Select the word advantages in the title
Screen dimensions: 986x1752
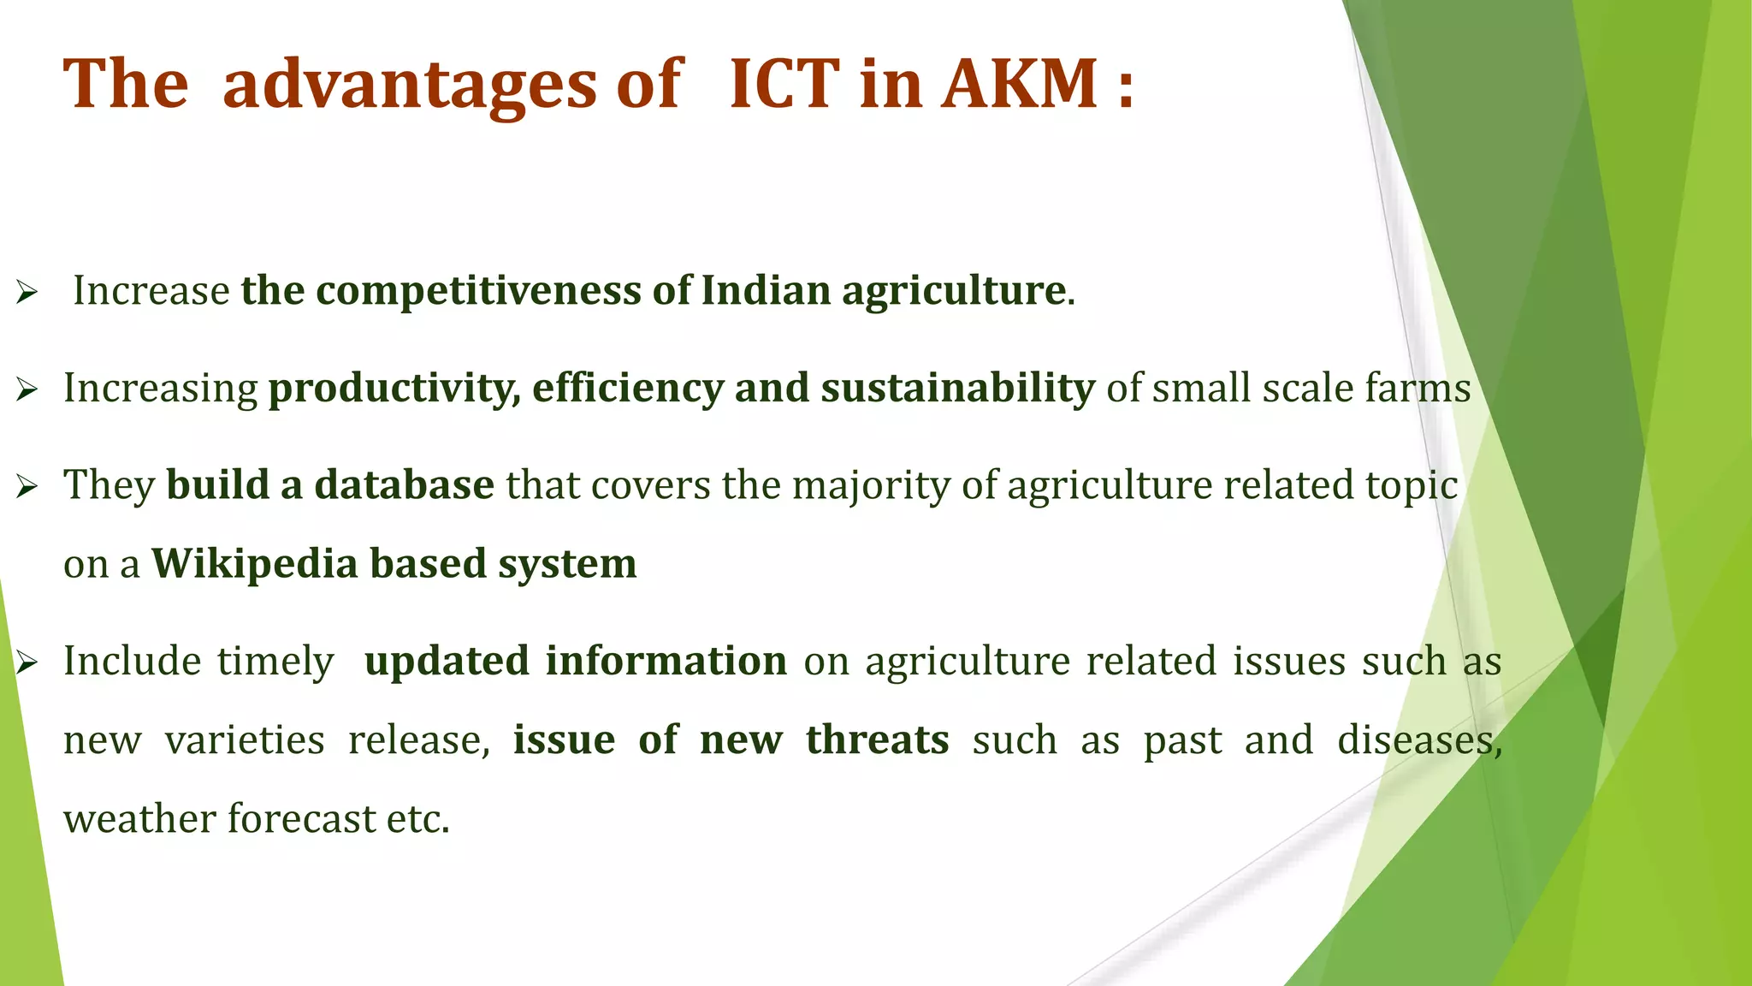click(x=410, y=86)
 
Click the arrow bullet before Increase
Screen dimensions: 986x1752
click(x=27, y=294)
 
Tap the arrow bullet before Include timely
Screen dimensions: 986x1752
click(x=27, y=663)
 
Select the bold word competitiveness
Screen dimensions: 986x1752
click(x=479, y=291)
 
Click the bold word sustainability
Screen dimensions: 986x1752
click(x=957, y=388)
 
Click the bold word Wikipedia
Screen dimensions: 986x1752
click(x=254, y=564)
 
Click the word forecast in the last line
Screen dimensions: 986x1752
click(x=301, y=819)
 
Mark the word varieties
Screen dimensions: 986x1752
click(x=245, y=739)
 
